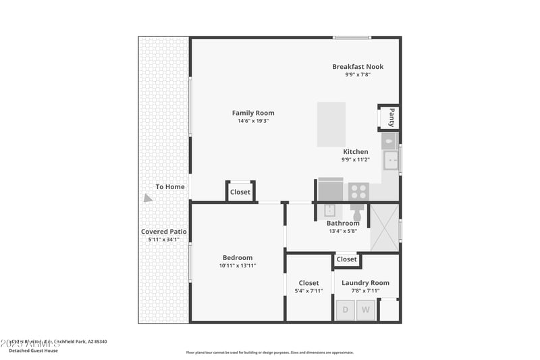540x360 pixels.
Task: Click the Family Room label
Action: point(253,113)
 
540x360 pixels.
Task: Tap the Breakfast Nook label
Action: point(358,66)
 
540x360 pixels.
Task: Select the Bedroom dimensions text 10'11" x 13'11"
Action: point(237,265)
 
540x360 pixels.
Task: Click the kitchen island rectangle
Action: point(331,124)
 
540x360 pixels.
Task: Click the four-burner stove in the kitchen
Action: point(358,191)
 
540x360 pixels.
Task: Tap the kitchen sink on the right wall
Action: point(391,160)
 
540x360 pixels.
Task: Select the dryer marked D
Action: point(345,310)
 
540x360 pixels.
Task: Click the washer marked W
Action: point(365,310)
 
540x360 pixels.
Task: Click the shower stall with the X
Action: point(385,228)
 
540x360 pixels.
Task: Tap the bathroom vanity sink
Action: point(330,209)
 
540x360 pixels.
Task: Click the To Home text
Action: point(170,187)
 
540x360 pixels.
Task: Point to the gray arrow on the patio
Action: point(147,198)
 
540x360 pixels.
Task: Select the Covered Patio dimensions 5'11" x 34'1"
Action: point(163,239)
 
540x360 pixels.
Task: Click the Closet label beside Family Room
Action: point(240,192)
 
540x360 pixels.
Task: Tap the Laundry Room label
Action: point(365,283)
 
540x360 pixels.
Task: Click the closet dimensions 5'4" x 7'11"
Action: point(308,290)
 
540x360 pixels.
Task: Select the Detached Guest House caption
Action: point(33,350)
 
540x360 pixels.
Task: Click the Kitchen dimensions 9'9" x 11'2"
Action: point(354,160)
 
